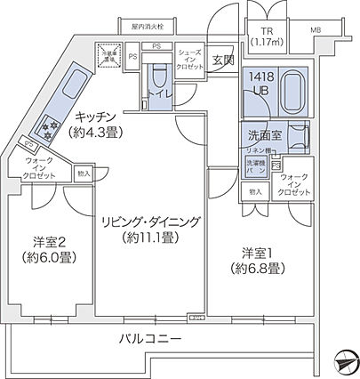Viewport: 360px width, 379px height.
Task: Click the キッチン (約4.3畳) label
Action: tap(106, 124)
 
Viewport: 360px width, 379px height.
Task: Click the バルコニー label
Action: tap(151, 339)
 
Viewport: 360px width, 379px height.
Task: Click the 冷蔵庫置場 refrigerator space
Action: tap(109, 55)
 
